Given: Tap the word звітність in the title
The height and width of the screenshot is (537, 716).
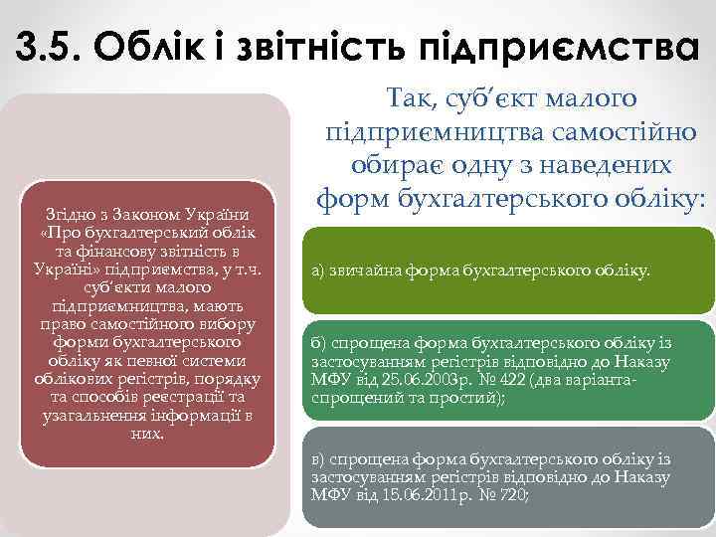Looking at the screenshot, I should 313,45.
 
